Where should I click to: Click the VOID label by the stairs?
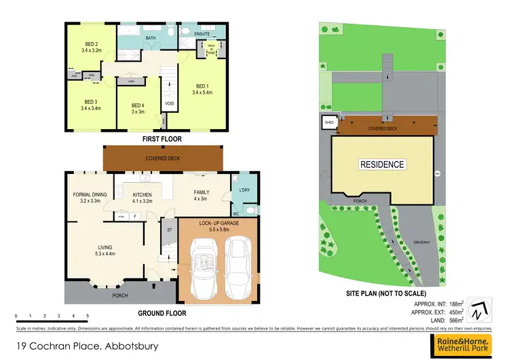[x=169, y=103]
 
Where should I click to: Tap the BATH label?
[x=151, y=39]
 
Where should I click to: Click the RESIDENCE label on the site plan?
[x=381, y=164]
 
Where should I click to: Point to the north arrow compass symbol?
[x=480, y=309]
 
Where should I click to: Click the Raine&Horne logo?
[x=465, y=344]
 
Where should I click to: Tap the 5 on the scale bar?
[x=88, y=317]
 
